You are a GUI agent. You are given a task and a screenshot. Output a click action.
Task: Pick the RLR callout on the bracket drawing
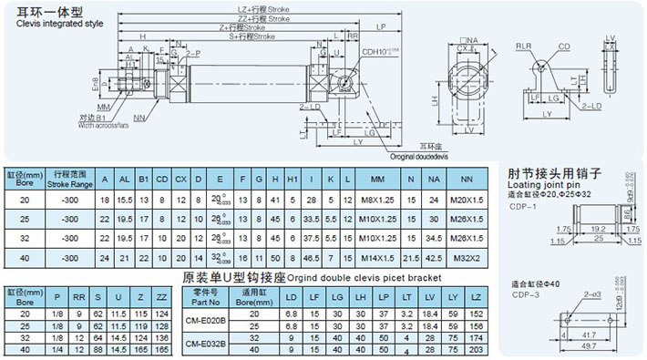(x=524, y=45)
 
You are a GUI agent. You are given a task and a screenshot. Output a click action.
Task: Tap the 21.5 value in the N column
(x=411, y=258)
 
